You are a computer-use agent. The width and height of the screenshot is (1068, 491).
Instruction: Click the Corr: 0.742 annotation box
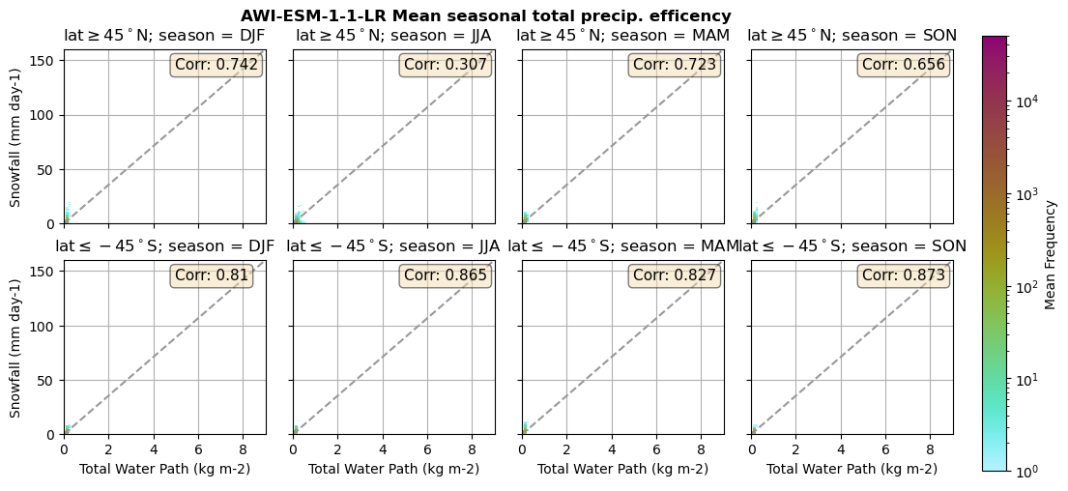tap(216, 65)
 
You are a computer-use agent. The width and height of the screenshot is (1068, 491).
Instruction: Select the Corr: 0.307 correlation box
tap(446, 65)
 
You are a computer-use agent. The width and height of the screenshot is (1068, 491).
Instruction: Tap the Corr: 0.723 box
tap(675, 65)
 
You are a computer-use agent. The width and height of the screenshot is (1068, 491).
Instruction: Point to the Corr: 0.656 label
tap(904, 65)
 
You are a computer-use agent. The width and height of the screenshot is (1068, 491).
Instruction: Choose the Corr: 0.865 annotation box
tap(446, 275)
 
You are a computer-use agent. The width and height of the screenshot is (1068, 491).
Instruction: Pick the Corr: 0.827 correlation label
tap(675, 275)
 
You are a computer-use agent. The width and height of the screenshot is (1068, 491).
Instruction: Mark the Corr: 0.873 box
tap(904, 275)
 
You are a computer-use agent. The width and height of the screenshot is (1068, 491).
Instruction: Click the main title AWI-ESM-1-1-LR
tap(485, 16)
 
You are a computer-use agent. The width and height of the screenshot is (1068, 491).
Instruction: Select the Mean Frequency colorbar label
tap(1051, 254)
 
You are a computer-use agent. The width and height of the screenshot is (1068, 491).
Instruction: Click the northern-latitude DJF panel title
tap(164, 36)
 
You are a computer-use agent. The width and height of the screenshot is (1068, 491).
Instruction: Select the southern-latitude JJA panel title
tap(393, 246)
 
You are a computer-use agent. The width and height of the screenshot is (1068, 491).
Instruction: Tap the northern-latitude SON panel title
tap(852, 36)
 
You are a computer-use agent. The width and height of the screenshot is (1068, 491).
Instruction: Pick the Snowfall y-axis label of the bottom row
tap(15, 348)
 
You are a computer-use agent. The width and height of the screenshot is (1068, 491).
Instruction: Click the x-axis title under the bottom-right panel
tap(852, 470)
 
